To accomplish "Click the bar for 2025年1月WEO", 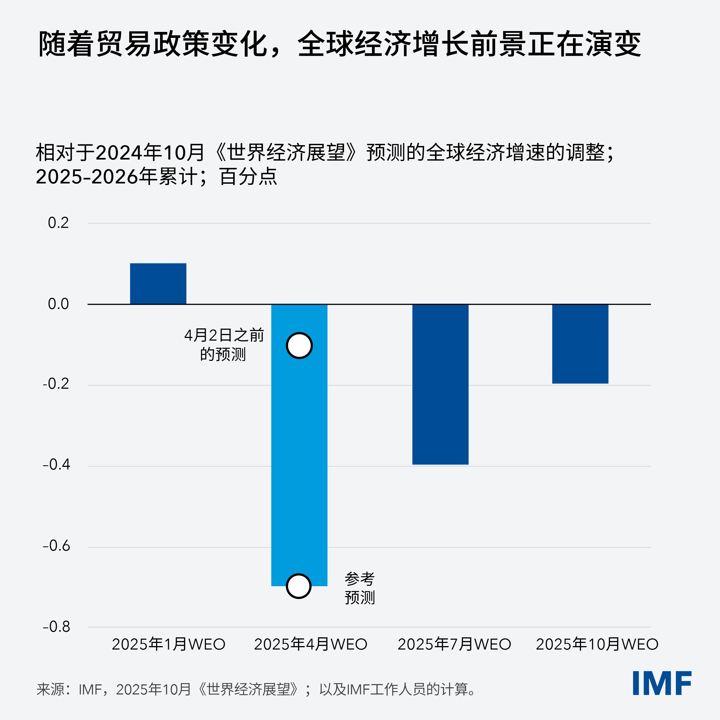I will click(x=158, y=284).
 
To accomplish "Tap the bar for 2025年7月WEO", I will click(x=440, y=384).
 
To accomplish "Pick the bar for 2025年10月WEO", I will click(x=580, y=344).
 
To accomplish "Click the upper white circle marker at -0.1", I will click(x=299, y=345).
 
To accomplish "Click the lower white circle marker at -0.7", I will click(x=299, y=586).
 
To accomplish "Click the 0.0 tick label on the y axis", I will click(x=58, y=304).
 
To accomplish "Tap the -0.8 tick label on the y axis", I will click(x=57, y=627).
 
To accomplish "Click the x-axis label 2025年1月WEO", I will click(x=169, y=644).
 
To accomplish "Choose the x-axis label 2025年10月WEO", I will click(x=597, y=644).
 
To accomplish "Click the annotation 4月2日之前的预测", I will click(x=224, y=345).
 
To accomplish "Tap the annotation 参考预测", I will click(x=360, y=588).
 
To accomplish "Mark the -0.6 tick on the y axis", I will click(x=57, y=546).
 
